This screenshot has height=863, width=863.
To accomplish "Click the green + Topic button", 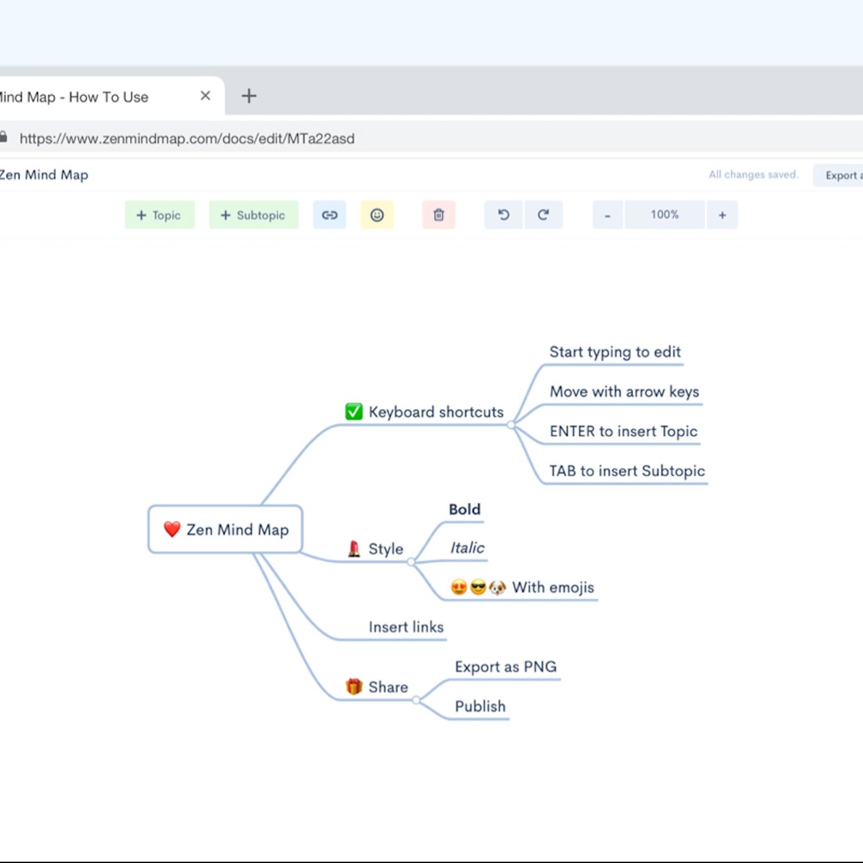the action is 159,215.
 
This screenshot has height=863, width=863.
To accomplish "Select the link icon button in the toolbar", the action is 330,215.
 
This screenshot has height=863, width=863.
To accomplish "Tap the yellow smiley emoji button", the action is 377,215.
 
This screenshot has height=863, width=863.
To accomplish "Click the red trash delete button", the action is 439,215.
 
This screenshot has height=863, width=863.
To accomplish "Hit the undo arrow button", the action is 504,215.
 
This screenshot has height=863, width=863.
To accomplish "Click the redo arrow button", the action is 543,215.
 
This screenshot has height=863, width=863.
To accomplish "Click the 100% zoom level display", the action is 665,215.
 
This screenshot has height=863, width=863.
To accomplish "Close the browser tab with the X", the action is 206,96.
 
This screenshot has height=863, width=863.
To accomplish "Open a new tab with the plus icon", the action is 249,96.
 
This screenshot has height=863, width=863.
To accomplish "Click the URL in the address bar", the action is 187,139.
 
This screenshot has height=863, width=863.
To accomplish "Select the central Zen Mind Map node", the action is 225,530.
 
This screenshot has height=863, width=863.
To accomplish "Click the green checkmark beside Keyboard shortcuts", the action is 353,412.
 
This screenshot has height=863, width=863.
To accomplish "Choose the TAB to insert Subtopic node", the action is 627,471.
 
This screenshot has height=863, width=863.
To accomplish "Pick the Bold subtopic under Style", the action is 464,510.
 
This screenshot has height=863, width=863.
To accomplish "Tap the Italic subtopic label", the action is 467,548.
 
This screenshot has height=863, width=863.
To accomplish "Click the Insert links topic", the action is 406,627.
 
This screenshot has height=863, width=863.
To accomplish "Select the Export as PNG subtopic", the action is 506,667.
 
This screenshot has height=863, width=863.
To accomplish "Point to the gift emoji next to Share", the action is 353,686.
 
